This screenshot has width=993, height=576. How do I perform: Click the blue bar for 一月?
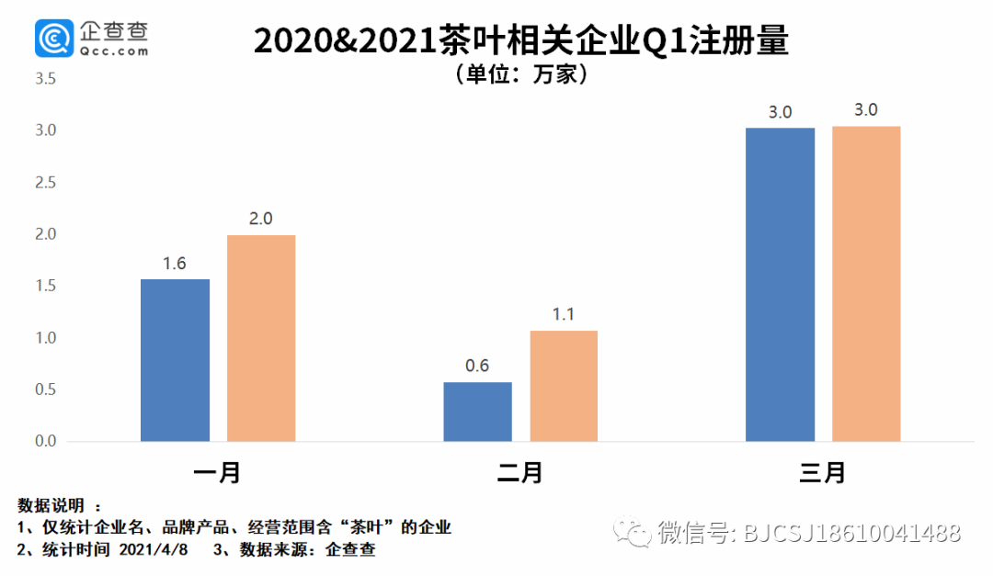[175, 360]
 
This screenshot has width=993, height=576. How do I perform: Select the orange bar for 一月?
[261, 338]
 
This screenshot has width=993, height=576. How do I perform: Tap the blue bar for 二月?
[477, 412]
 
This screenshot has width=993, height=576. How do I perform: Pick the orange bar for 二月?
[564, 386]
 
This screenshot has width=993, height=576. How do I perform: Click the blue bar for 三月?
[780, 285]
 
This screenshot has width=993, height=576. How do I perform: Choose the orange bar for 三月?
[866, 284]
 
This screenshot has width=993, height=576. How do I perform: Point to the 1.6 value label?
[175, 264]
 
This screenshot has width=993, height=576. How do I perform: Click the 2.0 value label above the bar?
[261, 220]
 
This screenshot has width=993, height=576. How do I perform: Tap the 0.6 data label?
[477, 366]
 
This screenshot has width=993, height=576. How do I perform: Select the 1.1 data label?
[564, 314]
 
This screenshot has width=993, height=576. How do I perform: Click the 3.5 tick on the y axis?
[45, 80]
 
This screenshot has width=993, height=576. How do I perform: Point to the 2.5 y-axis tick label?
[45, 183]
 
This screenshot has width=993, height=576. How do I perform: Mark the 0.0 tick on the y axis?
[45, 442]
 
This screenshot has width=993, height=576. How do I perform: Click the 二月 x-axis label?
[519, 473]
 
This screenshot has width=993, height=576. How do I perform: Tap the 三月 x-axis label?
[822, 473]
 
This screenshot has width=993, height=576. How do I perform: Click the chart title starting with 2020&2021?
[520, 42]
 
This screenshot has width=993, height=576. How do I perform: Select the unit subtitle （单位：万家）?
[520, 74]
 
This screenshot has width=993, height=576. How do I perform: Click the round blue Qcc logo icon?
[52, 40]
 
